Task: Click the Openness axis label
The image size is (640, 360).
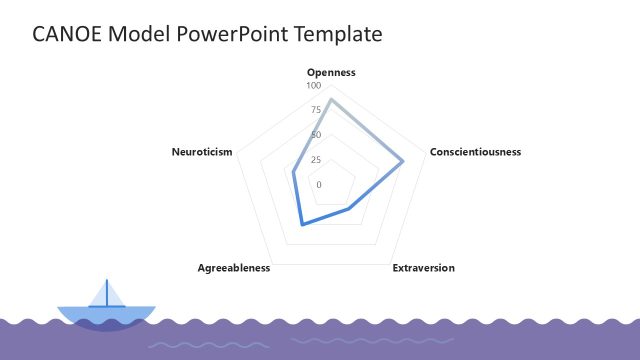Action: coord(331,72)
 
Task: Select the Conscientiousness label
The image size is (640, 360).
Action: coord(475,152)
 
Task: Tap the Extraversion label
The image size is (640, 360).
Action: coord(423,268)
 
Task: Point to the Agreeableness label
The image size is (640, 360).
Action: coord(234,268)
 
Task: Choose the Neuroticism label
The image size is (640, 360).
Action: coord(202,152)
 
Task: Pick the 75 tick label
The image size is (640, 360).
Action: coord(316,110)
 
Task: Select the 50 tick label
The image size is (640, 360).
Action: coord(316,135)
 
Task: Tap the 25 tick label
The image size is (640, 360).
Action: coord(316,160)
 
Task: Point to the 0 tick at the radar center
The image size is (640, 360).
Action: coord(319,185)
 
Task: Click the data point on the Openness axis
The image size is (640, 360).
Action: coord(331,99)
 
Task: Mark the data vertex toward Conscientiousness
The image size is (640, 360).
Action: coord(403,162)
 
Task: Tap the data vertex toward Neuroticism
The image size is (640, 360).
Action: coord(293,172)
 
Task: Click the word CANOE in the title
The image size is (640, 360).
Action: coord(66,34)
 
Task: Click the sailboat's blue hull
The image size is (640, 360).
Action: coord(106,315)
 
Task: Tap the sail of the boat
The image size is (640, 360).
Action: coord(112,295)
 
